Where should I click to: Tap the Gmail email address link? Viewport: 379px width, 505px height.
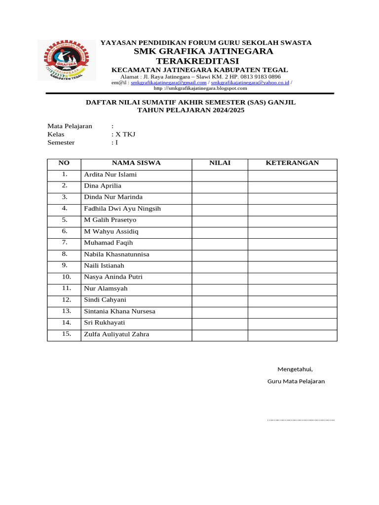point(168,83)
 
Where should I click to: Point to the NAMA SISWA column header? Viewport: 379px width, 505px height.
point(136,163)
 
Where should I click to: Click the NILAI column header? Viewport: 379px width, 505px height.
point(220,163)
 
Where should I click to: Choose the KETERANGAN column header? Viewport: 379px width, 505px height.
point(292,163)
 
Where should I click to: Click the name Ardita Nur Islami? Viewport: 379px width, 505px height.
point(111,175)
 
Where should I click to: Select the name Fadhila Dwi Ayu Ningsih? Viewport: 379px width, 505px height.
point(122,209)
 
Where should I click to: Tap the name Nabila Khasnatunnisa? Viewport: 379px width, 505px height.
point(116,254)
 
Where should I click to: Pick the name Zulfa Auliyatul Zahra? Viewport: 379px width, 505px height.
point(116,334)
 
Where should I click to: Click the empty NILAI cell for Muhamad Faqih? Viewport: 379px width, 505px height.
point(220,243)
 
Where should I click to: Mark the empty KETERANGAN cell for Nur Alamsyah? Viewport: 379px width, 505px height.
point(292,289)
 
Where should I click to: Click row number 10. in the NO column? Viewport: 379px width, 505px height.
point(64,277)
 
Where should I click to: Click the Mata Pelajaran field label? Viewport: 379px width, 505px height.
point(70,126)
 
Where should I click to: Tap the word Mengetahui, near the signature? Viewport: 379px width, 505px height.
point(295,369)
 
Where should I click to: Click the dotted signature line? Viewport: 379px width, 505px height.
point(301,420)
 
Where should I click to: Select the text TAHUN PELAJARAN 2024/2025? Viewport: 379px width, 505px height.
point(190,110)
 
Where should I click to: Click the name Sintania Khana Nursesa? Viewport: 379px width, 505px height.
point(119,311)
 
